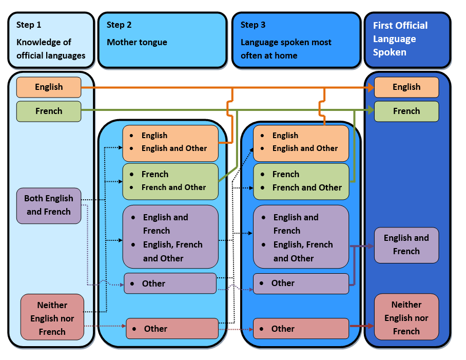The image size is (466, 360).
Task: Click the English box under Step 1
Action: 49,87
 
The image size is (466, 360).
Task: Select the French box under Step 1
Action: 49,111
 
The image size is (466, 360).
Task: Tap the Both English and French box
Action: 49,205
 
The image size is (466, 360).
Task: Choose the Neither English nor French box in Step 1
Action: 52,317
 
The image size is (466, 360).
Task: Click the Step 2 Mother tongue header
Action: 162,40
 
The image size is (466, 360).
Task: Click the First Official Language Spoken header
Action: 407,40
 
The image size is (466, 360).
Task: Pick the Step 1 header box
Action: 51,40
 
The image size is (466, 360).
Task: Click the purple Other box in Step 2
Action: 170,283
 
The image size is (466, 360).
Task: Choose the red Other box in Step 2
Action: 172,329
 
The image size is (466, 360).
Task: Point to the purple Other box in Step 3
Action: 301,283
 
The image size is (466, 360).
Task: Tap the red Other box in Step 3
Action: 301,329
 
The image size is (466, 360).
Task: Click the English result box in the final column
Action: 406,87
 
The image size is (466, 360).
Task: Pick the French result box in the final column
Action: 406,111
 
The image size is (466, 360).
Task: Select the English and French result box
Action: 406,245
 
